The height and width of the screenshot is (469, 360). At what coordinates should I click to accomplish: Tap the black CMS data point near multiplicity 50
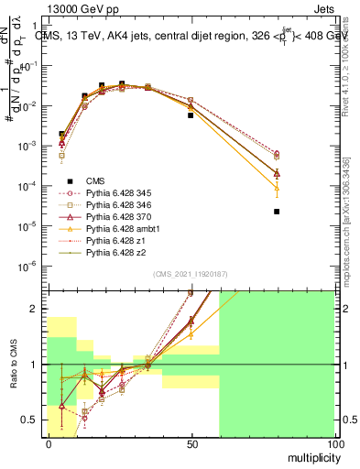pos(191,115)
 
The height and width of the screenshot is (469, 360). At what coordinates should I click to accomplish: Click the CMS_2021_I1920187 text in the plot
pos(190,274)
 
